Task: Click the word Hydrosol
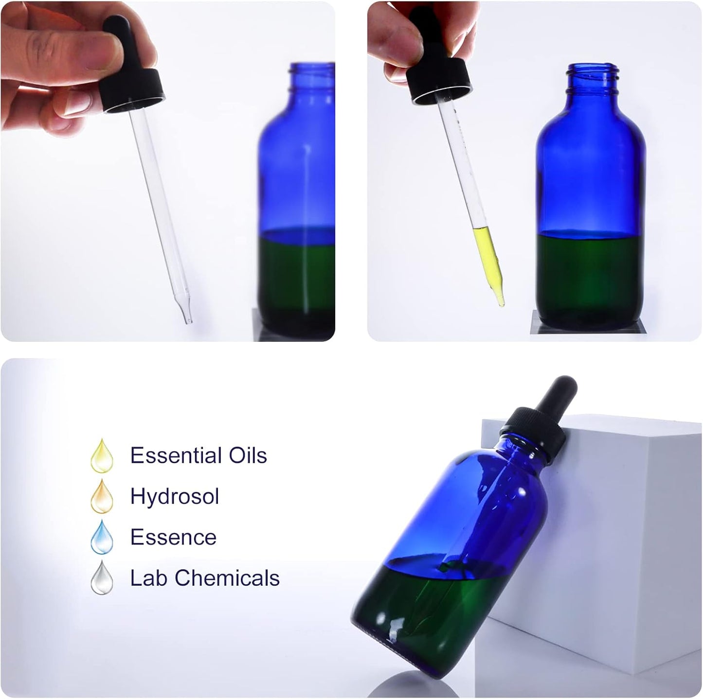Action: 175,497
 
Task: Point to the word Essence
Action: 173,537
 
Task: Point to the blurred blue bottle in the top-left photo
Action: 297,194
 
